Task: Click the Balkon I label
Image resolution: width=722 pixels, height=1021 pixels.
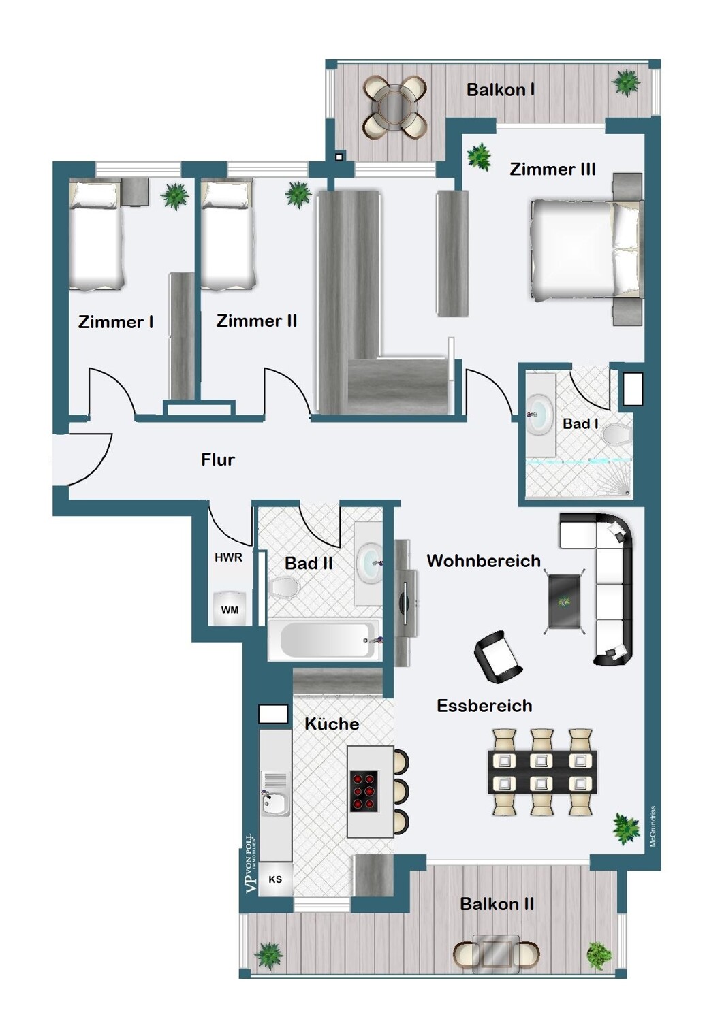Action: pyautogui.click(x=501, y=90)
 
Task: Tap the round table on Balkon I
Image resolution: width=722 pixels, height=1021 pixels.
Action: pyautogui.click(x=394, y=108)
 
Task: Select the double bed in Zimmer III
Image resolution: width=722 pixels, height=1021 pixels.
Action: pyautogui.click(x=586, y=250)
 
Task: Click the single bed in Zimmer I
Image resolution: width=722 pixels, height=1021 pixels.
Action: pyautogui.click(x=96, y=236)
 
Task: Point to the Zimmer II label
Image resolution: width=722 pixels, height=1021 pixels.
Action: pyautogui.click(x=257, y=321)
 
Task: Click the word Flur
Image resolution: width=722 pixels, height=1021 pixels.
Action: pyautogui.click(x=218, y=459)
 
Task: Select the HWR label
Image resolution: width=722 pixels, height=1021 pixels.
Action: pyautogui.click(x=228, y=557)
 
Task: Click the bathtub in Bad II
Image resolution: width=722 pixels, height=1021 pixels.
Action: pyautogui.click(x=324, y=639)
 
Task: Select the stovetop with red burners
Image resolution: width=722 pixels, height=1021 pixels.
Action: pyautogui.click(x=364, y=791)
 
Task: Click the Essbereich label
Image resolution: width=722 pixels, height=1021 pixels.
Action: pyautogui.click(x=484, y=706)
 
